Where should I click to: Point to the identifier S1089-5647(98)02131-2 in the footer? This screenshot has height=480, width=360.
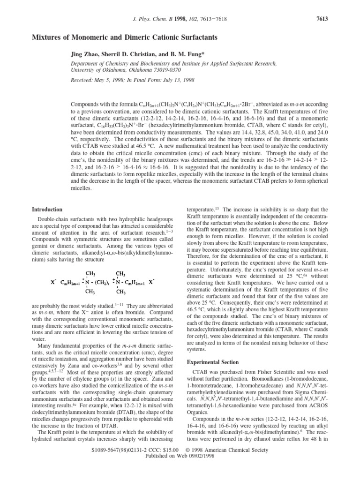(114, 463)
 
